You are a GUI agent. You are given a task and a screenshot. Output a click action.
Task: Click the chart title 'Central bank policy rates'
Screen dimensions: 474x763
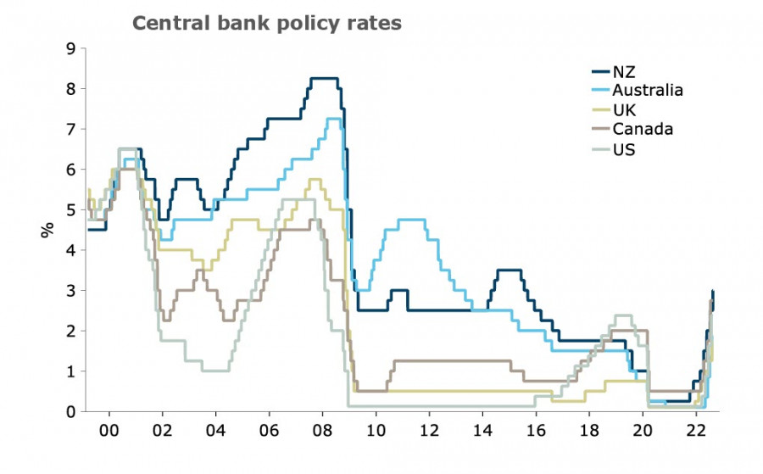pyautogui.click(x=266, y=24)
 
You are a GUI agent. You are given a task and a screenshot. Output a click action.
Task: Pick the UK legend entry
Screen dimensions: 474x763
pyautogui.click(x=623, y=110)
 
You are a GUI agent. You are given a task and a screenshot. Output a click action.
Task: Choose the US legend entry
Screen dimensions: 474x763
pyautogui.click(x=623, y=149)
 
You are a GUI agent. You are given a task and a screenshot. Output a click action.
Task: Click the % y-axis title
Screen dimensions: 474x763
pyautogui.click(x=47, y=229)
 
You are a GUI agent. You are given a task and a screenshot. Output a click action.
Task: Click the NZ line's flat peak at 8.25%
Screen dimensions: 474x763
pyautogui.click(x=324, y=79)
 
